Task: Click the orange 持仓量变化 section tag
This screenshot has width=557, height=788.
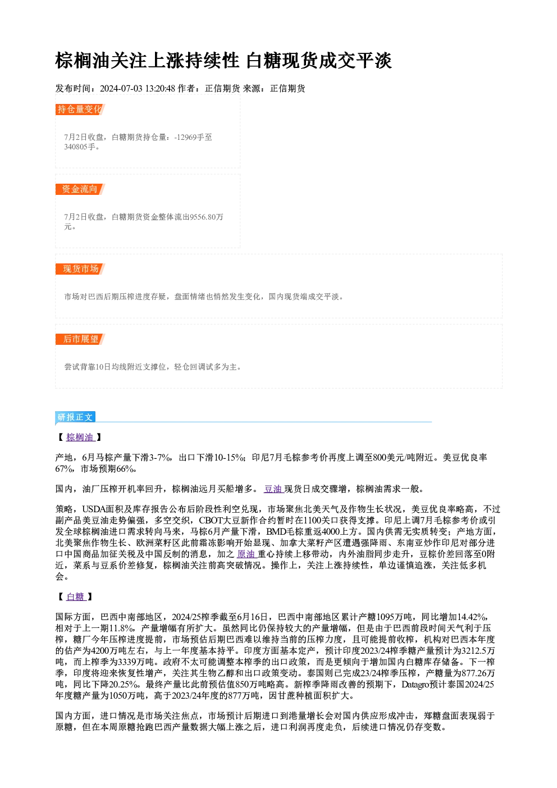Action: [80, 110]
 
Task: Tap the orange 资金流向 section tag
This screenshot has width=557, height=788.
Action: [80, 189]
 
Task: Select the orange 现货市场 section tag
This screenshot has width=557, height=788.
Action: [80, 269]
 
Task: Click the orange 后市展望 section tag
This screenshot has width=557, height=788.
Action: [80, 339]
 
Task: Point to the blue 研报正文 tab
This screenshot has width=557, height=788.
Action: [75, 417]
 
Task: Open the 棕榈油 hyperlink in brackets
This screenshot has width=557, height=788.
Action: [80, 438]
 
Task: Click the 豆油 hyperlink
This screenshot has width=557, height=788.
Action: [273, 489]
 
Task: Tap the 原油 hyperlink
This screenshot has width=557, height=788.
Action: [246, 554]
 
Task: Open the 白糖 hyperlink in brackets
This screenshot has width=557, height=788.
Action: [76, 597]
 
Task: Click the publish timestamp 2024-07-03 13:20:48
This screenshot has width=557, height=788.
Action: [138, 89]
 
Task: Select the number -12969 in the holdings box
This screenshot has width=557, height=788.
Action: [185, 137]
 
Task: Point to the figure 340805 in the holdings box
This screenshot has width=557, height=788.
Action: [76, 147]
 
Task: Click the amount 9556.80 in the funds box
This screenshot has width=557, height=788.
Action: [202, 217]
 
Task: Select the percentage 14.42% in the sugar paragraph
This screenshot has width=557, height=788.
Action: [472, 617]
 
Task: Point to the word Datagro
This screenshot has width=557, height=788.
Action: [416, 685]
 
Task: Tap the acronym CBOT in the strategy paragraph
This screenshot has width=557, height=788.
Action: [211, 521]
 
